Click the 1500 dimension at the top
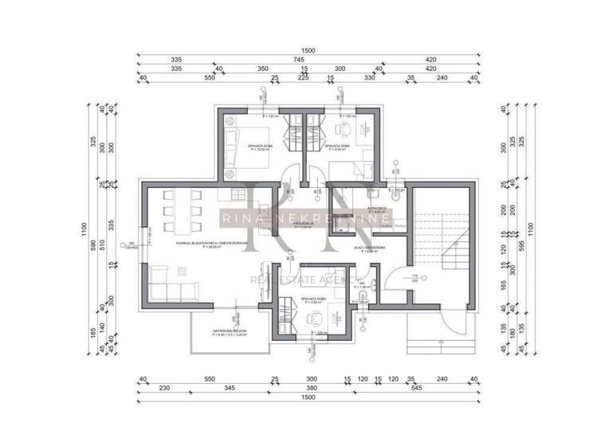[309, 50]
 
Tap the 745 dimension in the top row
[299, 59]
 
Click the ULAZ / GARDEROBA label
[371, 248]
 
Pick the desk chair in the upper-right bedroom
[343, 130]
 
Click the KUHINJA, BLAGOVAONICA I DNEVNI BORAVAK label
[212, 245]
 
